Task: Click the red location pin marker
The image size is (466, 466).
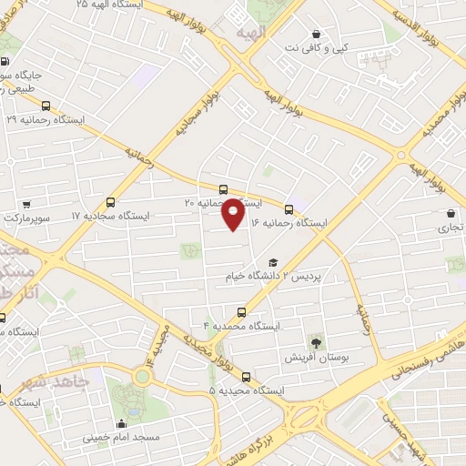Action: tap(233, 213)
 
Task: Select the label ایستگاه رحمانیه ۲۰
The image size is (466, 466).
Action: tap(224, 202)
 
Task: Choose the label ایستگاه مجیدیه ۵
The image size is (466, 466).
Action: tap(247, 390)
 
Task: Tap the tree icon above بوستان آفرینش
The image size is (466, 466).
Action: tap(316, 343)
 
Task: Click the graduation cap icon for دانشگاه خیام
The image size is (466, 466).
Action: tap(272, 263)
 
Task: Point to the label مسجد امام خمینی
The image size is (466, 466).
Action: tap(121, 437)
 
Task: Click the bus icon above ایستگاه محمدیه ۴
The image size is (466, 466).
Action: tap(241, 311)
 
